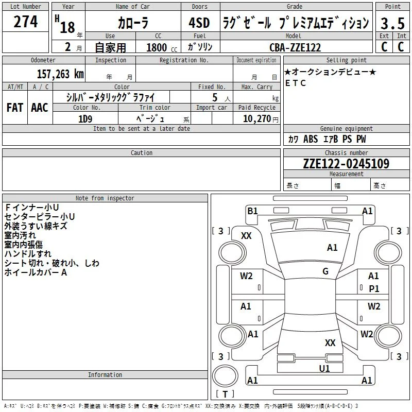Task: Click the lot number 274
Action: (x=25, y=22)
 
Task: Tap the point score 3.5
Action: (x=392, y=23)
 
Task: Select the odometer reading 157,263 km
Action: (x=60, y=74)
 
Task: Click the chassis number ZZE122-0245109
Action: (x=346, y=164)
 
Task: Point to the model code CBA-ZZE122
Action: (x=295, y=47)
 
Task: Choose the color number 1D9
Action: (x=85, y=119)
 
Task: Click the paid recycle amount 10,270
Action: (x=256, y=119)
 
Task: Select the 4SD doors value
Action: (x=199, y=23)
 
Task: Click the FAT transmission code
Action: (x=15, y=108)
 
